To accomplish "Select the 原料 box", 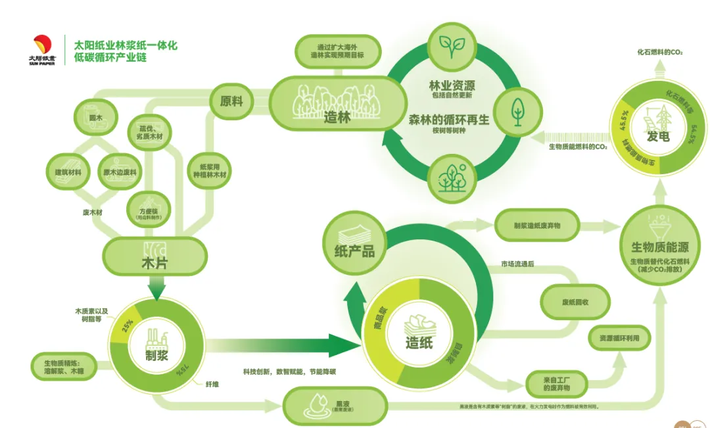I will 231,102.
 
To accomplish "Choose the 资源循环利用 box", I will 619,339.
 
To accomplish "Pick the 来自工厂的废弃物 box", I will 557,384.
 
